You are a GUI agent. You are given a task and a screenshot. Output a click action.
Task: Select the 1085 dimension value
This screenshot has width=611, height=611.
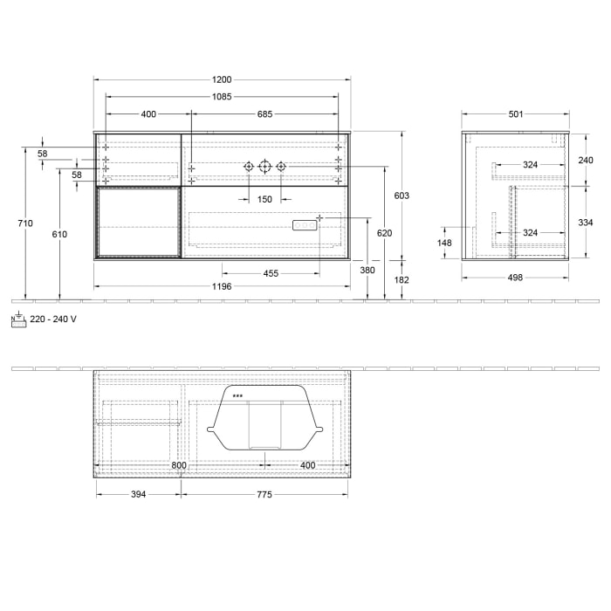(221, 97)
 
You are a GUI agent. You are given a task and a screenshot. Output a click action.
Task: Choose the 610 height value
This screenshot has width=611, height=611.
(58, 234)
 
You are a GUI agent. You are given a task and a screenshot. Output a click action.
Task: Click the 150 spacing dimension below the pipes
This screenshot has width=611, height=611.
(264, 200)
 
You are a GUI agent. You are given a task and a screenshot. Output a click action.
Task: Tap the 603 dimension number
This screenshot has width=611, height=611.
(402, 196)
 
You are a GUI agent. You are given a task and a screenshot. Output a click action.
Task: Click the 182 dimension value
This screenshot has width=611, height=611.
(402, 279)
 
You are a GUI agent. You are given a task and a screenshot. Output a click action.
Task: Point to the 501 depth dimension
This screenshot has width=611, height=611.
(515, 113)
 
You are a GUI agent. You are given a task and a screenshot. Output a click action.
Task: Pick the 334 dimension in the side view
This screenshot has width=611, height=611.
(586, 223)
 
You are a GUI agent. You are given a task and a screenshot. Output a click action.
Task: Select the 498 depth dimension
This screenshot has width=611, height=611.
(515, 278)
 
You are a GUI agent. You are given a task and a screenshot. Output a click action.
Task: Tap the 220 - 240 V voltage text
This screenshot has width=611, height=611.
(53, 319)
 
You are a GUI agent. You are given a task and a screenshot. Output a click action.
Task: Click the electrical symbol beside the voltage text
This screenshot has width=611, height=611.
(18, 319)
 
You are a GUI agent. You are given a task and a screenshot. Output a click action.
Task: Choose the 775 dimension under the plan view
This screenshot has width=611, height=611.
(264, 494)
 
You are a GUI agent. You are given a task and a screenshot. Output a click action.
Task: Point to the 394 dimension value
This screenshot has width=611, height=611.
(138, 494)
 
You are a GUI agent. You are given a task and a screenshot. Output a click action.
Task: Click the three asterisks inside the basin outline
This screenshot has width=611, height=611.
(237, 395)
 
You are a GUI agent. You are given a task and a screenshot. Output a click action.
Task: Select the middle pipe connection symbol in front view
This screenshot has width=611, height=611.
(264, 166)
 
